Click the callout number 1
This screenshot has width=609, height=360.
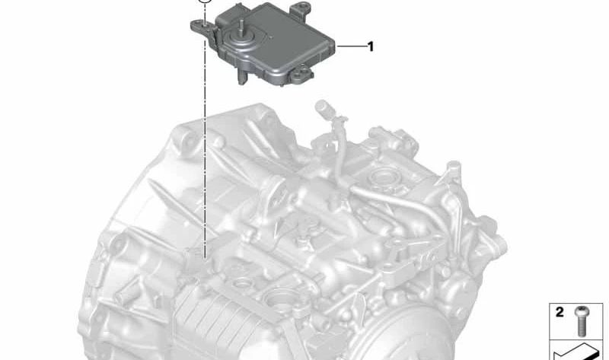[371, 46]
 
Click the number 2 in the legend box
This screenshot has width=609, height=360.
[560, 312]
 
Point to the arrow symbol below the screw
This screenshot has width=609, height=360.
[574, 352]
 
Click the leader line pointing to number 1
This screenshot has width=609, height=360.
[351, 46]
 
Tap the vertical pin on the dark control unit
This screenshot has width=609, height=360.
[241, 28]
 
